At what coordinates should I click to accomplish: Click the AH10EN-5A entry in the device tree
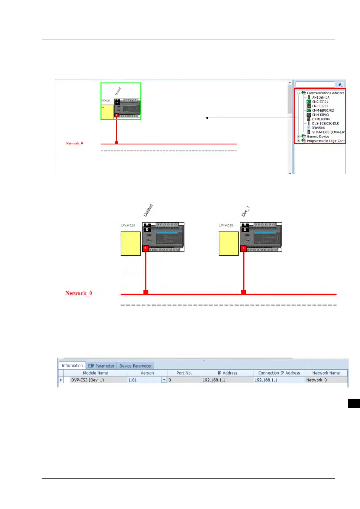(320, 98)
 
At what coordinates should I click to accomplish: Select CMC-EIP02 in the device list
(320, 106)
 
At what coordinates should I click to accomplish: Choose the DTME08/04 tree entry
(321, 119)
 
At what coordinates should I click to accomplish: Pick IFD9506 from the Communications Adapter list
(318, 128)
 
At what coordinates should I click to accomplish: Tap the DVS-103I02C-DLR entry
(325, 124)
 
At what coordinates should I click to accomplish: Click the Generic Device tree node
(318, 137)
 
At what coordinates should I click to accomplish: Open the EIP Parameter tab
(101, 366)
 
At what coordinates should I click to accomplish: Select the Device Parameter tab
(135, 366)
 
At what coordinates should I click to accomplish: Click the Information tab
(72, 366)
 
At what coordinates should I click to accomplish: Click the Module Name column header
(95, 373)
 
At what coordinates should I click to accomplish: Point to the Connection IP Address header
(279, 373)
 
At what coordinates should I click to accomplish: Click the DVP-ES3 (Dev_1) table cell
(88, 380)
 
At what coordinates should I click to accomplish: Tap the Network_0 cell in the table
(316, 380)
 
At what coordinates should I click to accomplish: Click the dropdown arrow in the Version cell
(164, 380)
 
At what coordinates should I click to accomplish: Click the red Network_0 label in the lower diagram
(79, 293)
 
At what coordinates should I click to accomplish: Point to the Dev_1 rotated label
(245, 211)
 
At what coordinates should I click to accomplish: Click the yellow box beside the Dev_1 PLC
(229, 244)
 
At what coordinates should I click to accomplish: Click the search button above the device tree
(340, 85)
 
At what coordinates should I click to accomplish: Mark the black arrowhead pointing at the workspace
(207, 118)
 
